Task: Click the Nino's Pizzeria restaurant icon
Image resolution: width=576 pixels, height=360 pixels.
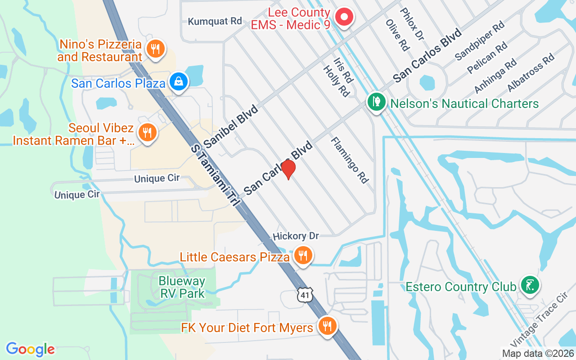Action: (156, 49)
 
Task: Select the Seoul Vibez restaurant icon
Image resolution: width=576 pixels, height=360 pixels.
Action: (147, 133)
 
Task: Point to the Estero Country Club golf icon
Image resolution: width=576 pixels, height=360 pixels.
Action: (530, 285)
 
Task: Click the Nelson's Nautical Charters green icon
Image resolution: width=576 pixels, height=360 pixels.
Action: (376, 102)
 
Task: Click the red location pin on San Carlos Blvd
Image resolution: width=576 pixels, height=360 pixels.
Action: (288, 169)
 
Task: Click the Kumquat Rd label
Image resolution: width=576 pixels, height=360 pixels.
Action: (215, 21)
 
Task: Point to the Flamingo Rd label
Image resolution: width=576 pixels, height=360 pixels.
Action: (350, 160)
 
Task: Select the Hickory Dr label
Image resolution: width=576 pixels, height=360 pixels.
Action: (296, 236)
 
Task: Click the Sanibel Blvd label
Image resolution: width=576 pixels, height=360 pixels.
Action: (231, 126)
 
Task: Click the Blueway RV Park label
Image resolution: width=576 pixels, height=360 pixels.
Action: (182, 288)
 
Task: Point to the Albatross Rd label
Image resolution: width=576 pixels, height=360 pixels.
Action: (531, 72)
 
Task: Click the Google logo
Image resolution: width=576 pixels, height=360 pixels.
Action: (30, 349)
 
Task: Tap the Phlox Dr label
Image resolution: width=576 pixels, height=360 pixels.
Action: (412, 23)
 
